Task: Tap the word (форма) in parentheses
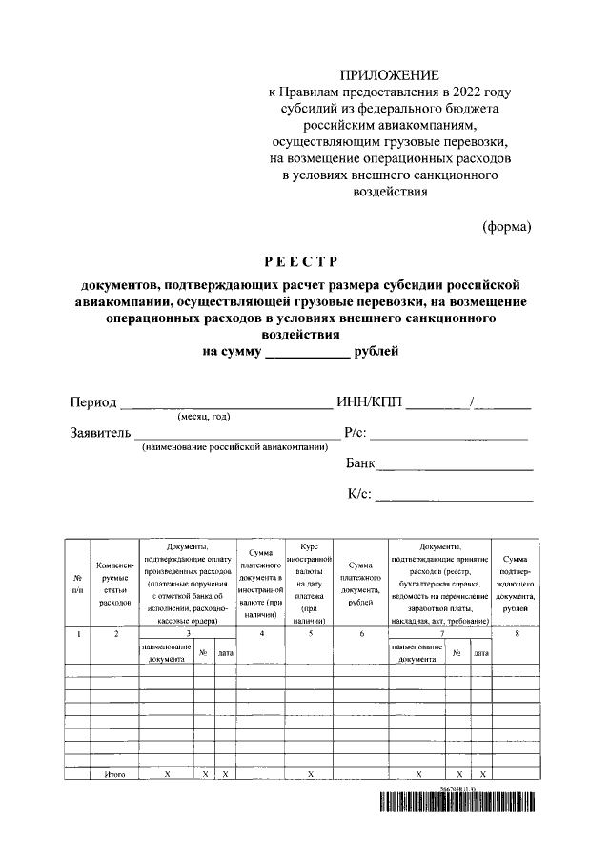point(505,226)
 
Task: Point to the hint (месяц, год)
point(203,416)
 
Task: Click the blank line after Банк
point(455,467)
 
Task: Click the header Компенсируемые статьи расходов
point(114,583)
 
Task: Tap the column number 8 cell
point(516,633)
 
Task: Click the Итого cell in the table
point(114,775)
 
